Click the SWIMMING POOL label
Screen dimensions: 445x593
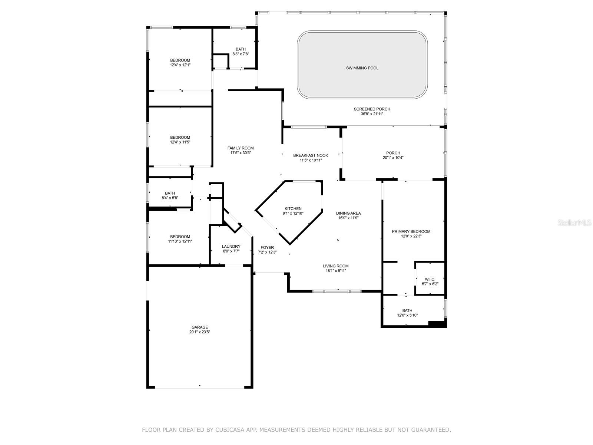click(x=362, y=68)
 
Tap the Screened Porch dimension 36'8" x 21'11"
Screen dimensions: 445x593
click(x=372, y=114)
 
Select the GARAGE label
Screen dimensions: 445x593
click(x=199, y=327)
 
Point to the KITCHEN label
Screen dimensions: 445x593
click(x=293, y=209)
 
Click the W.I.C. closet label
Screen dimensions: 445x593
click(x=430, y=279)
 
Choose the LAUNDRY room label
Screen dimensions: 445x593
click(x=231, y=246)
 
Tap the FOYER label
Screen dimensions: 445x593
click(x=267, y=247)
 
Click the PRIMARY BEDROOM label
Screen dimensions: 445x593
click(x=411, y=231)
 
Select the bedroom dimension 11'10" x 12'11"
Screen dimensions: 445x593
click(x=180, y=241)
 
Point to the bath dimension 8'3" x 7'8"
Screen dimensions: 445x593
click(x=241, y=54)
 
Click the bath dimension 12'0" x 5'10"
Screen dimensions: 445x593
click(x=407, y=315)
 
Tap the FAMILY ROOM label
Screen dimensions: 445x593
click(x=241, y=148)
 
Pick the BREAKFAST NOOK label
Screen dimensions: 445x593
click(x=310, y=155)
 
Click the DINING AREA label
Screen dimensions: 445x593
click(x=348, y=213)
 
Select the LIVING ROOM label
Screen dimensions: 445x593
click(x=335, y=266)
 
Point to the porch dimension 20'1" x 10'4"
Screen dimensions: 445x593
click(x=393, y=158)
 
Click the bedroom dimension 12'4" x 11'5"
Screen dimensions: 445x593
click(x=180, y=142)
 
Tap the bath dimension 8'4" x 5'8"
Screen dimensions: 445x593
click(x=170, y=198)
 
